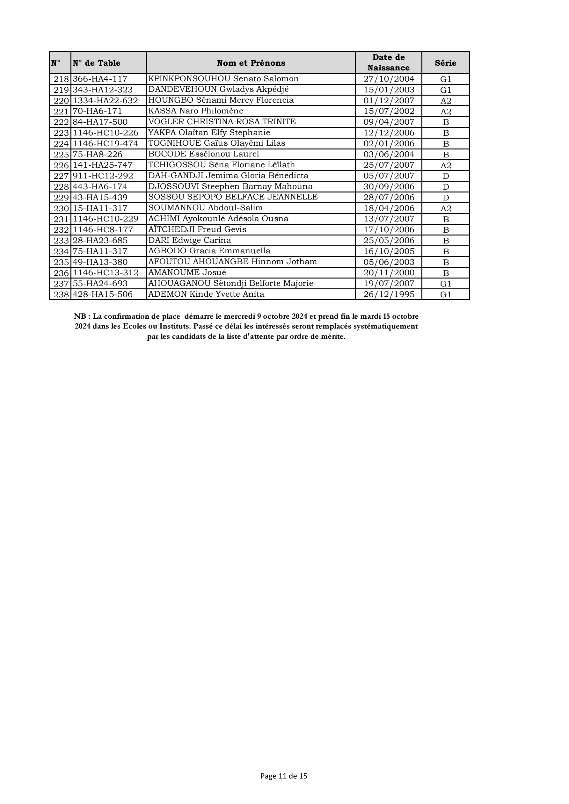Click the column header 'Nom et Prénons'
pyautogui.click(x=251, y=63)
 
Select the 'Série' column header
pyautogui.click(x=445, y=63)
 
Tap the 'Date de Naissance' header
pyautogui.click(x=388, y=63)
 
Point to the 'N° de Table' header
pyautogui.click(x=97, y=63)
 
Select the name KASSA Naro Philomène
pyautogui.click(x=195, y=111)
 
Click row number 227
pyautogui.click(x=61, y=176)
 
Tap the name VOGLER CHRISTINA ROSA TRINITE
pyautogui.click(x=222, y=122)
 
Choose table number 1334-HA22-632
pyautogui.click(x=105, y=101)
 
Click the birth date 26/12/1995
pyautogui.click(x=389, y=294)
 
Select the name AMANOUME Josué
pyautogui.click(x=187, y=273)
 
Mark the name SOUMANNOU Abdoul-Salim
pyautogui.click(x=205, y=208)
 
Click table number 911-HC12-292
pyautogui.click(x=103, y=176)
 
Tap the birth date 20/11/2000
pyautogui.click(x=389, y=273)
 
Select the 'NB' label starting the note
pyautogui.click(x=80, y=316)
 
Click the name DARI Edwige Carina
pyautogui.click(x=190, y=241)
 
